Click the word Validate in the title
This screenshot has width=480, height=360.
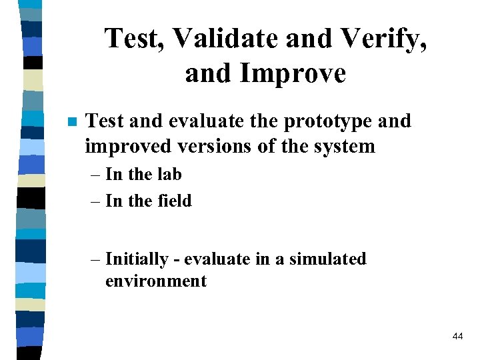coord(225,39)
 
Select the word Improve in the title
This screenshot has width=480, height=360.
coord(294,73)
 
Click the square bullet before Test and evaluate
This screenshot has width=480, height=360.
coord(72,122)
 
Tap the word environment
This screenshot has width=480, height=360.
coord(156,281)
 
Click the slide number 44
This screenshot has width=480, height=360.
coord(457,337)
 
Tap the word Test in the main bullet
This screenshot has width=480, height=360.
coord(103,121)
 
